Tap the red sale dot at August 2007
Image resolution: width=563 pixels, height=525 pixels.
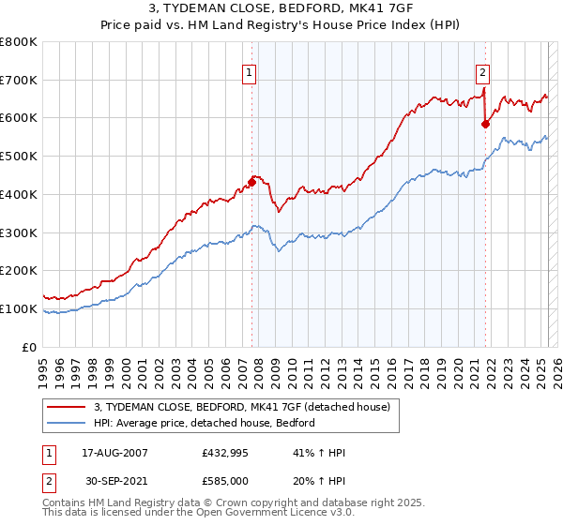click(x=252, y=182)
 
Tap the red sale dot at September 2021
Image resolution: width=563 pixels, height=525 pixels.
click(x=486, y=123)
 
